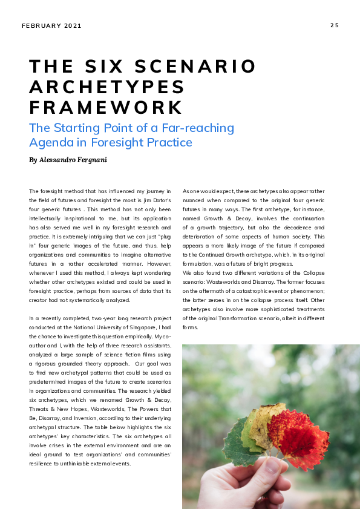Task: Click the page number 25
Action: click(x=334, y=25)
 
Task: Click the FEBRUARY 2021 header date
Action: click(x=51, y=26)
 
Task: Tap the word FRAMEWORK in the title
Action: click(x=106, y=107)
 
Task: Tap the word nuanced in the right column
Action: click(x=197, y=200)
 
